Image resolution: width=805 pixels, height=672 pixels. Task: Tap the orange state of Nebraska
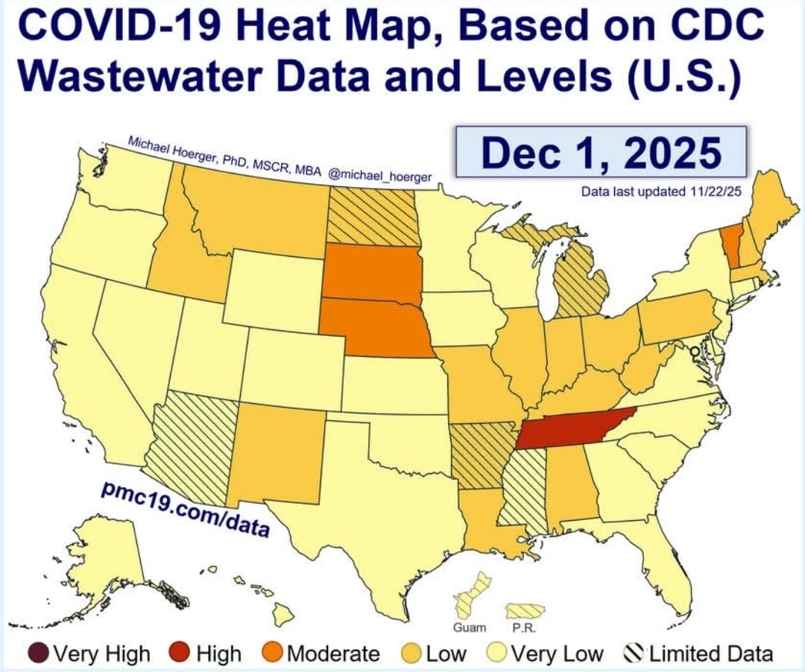pyautogui.click(x=373, y=328)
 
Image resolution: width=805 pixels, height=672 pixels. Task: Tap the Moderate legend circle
pyautogui.click(x=273, y=654)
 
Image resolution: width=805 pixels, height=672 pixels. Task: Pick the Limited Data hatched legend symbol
pyautogui.click(x=634, y=654)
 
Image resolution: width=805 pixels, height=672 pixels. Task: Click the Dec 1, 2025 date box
pyautogui.click(x=601, y=152)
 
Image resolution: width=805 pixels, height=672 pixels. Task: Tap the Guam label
pyautogui.click(x=470, y=627)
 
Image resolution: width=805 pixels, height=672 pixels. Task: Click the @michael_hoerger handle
pyautogui.click(x=380, y=177)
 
